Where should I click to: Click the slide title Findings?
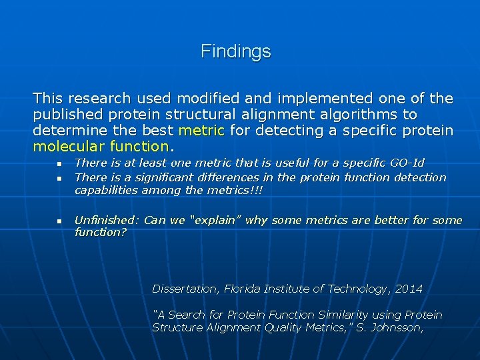click(x=236, y=51)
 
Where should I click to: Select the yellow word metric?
click(x=201, y=130)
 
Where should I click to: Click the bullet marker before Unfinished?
click(x=59, y=221)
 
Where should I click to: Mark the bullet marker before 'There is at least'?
click(x=59, y=163)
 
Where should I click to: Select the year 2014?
click(x=408, y=289)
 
